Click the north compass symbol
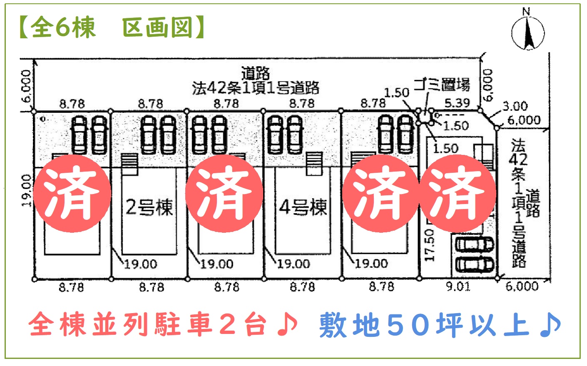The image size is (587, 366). [527, 33]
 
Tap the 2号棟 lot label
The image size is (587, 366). [149, 207]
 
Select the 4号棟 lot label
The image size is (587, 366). [303, 207]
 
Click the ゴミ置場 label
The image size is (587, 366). [442, 85]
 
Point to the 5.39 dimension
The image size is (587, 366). [457, 103]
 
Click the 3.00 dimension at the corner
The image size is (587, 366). [515, 106]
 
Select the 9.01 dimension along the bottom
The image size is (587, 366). [458, 286]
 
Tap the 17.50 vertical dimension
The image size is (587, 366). [429, 245]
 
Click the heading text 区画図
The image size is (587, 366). [157, 28]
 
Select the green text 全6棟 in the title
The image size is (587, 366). [62, 28]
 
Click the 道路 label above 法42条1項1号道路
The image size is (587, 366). [255, 74]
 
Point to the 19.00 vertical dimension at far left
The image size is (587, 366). [26, 190]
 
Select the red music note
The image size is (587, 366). [287, 324]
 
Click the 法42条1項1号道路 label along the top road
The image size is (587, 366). [256, 88]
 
